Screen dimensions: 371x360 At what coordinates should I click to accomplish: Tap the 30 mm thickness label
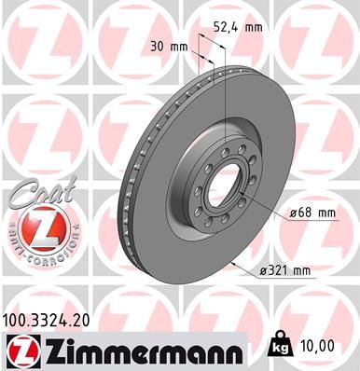(167, 45)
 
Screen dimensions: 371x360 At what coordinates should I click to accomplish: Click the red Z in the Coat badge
(34, 226)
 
